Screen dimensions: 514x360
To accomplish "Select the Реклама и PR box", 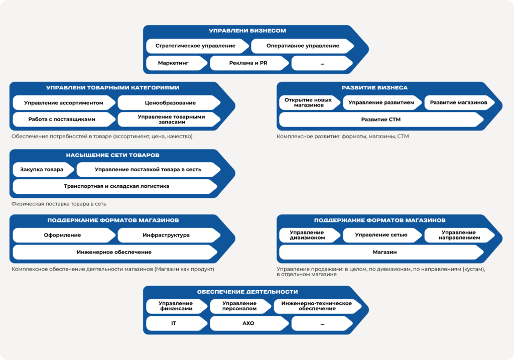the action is tap(249, 63).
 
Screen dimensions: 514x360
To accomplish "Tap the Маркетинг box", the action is tap(176, 63).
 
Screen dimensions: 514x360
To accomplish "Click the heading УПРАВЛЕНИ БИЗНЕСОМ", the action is tap(247, 31).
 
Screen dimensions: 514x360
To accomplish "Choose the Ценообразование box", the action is tap(169, 102).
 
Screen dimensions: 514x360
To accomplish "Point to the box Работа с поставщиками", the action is tap(64, 119).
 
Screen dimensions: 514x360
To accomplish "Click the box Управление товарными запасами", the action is tap(169, 119).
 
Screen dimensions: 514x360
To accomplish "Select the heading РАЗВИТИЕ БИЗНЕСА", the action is tap(374, 88).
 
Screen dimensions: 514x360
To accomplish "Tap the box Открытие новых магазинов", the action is tap(310, 102).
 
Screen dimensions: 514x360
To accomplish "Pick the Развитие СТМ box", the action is tap(381, 119).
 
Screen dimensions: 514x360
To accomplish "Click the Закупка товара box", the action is tap(43, 170).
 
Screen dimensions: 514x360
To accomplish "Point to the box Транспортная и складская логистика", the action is tap(115, 186).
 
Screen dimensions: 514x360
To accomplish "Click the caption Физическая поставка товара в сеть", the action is tap(59, 204).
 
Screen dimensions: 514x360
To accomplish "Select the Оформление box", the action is tap(64, 235).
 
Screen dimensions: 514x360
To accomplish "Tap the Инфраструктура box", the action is tap(169, 235).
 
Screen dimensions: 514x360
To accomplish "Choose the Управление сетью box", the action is tap(382, 235).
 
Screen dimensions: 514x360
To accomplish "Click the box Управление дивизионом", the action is tap(310, 235).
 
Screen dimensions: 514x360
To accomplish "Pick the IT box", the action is tap(176, 323).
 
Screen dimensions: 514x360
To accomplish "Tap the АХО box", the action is tap(249, 323).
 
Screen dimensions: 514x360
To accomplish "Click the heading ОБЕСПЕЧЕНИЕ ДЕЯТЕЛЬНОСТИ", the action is tap(247, 292).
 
